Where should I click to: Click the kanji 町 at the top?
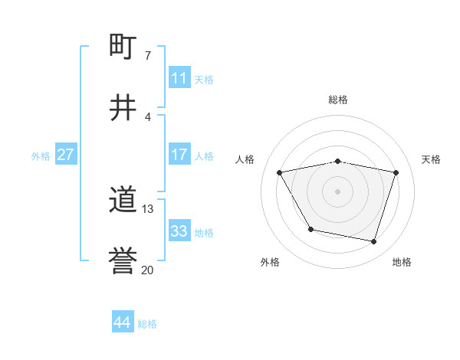123,47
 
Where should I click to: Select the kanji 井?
123,108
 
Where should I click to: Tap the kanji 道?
123,201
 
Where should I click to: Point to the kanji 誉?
123,262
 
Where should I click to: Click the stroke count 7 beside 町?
147,55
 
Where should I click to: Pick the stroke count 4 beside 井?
147,116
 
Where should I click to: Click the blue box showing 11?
179,78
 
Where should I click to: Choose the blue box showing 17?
179,155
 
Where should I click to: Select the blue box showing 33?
179,231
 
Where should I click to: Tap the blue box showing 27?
66,155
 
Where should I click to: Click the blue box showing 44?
122,322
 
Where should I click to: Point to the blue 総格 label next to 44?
147,324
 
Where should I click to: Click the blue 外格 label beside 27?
41,156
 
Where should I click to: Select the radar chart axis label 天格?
431,159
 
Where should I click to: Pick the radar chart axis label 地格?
402,262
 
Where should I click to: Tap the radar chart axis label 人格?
245,159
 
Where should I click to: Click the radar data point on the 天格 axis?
396,172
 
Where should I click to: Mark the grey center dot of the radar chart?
338,191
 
